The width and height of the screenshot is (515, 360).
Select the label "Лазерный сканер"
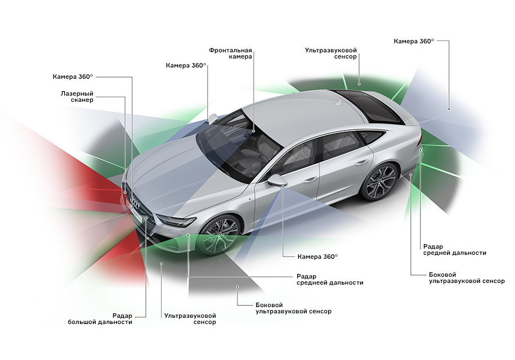coord(77,96)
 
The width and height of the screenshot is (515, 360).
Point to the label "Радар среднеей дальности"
coord(330,280)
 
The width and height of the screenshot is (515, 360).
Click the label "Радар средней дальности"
coord(454,250)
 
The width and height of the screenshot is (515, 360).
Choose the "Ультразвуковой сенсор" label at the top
coord(331,53)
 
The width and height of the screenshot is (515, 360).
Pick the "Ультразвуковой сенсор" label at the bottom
coord(190,319)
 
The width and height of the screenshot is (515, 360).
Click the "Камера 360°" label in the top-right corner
coord(414,41)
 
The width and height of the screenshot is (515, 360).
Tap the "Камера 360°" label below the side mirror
coord(317,256)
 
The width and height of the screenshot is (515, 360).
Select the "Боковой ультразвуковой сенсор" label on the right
coord(467,277)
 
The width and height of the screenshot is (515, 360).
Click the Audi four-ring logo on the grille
coord(134,201)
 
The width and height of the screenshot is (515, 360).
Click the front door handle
coord(310,180)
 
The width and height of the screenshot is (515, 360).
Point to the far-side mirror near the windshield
coord(212,118)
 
